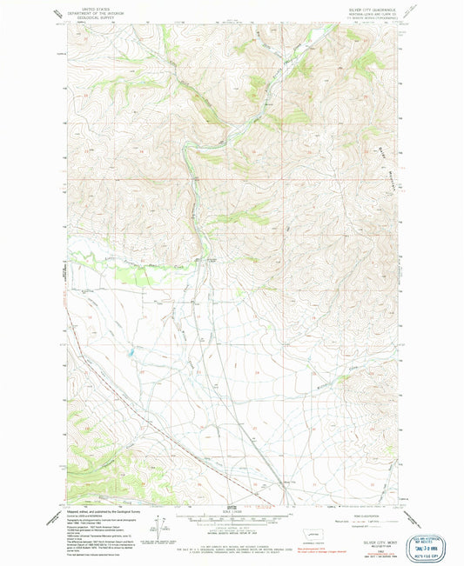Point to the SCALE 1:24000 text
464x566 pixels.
231,512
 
